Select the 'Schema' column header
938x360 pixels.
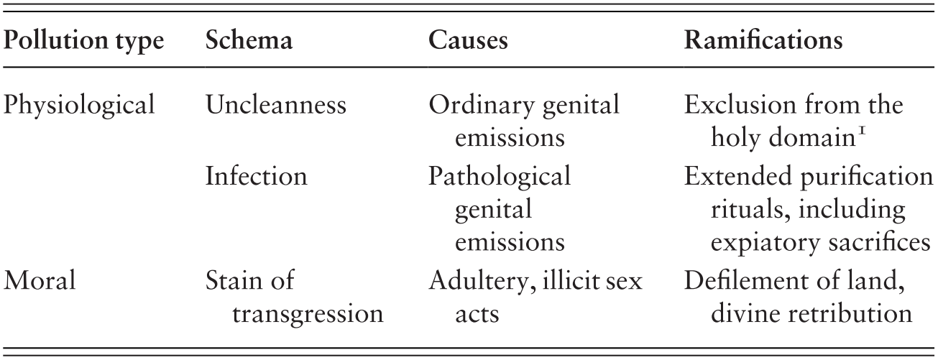point(249,42)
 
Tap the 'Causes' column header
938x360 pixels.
point(468,42)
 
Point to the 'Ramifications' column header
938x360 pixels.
point(763,42)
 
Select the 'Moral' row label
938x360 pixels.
point(40,280)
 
